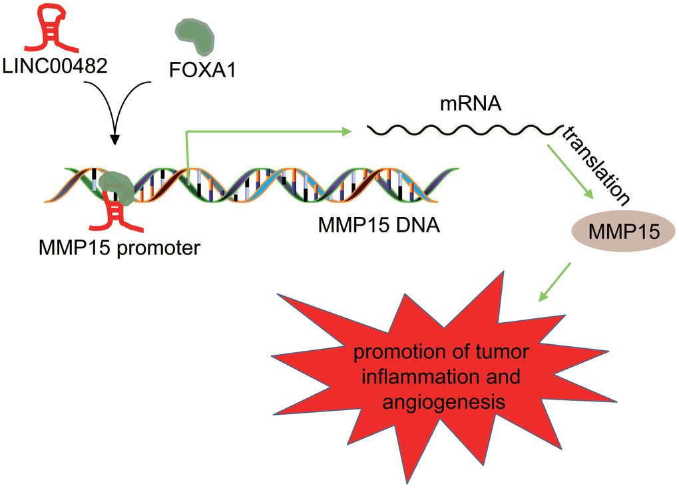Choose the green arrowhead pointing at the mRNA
click(x=345, y=132)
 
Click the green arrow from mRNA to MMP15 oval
click(x=569, y=170)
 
